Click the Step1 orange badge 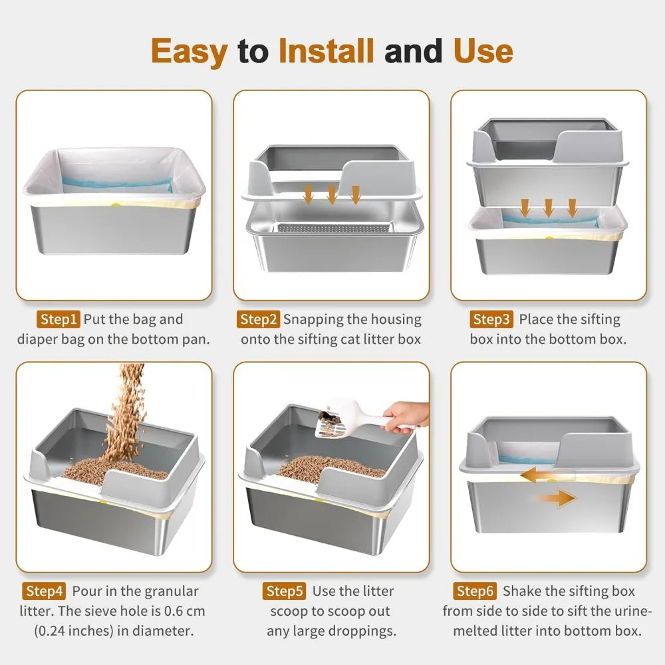59,320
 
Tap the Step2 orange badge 258,320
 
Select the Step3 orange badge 491,320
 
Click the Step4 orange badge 45,591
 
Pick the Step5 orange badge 285,591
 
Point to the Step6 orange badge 476,591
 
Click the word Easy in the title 190,51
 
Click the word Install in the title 327,51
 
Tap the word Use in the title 483,51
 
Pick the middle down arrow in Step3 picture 548,207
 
